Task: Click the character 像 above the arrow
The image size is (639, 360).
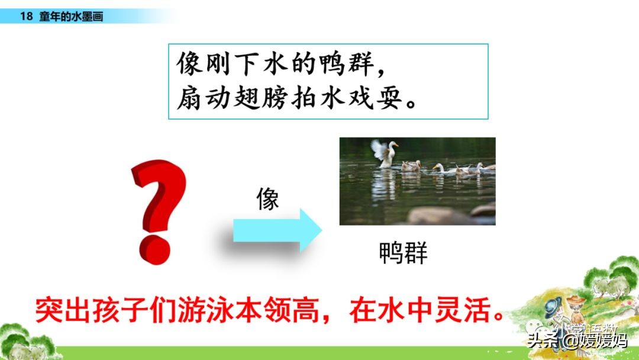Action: pyautogui.click(x=267, y=200)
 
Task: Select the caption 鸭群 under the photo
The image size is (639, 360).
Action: pyautogui.click(x=402, y=253)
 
